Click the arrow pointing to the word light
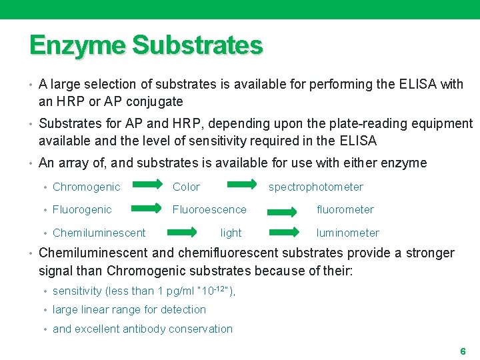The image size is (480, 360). pos(182,233)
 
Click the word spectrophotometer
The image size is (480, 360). pos(316,187)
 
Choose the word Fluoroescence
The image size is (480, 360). pos(209,210)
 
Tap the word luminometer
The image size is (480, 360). pos(348,233)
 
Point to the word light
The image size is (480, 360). pos(231,233)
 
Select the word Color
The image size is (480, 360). pos(186,187)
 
